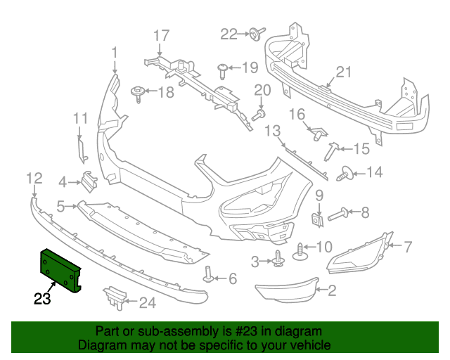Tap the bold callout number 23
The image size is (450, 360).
click(43, 300)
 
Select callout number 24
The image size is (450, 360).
click(147, 303)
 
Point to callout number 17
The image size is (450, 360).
click(161, 34)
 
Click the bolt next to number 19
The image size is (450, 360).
click(222, 69)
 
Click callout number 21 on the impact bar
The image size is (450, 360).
click(342, 72)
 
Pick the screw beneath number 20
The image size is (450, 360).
click(259, 114)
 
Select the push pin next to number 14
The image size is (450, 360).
click(345, 172)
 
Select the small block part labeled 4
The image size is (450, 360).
click(88, 181)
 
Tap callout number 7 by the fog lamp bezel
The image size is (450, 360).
click(408, 246)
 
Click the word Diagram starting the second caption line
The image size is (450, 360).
click(101, 345)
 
